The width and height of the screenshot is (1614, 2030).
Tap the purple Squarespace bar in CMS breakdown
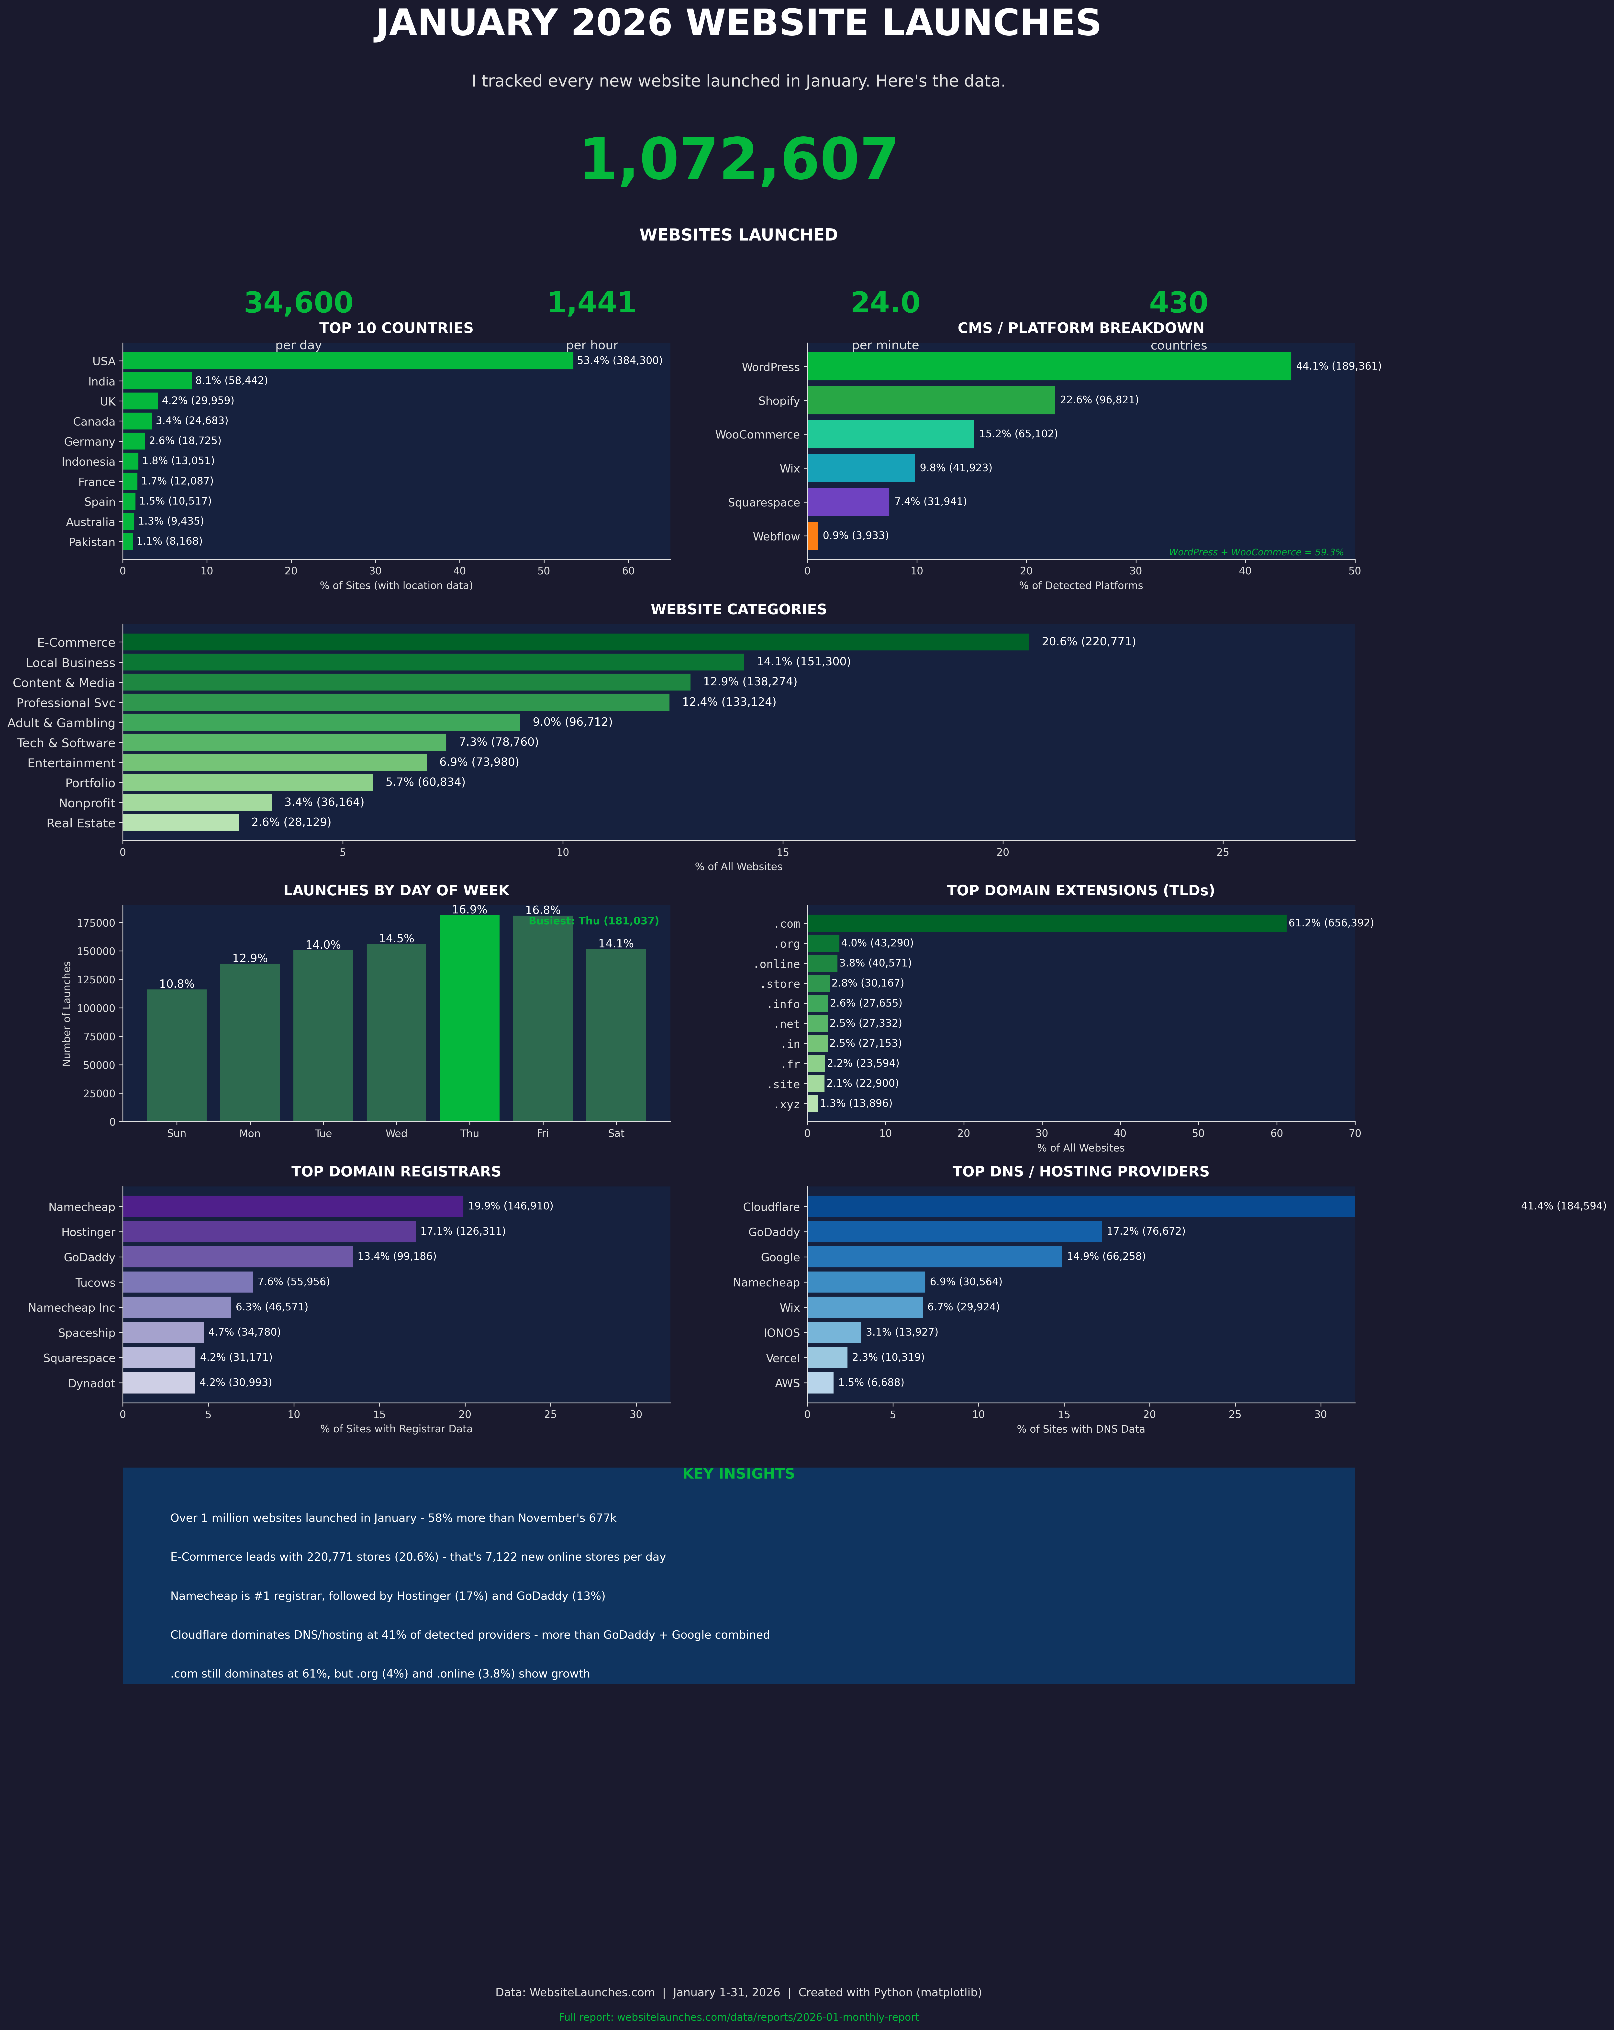coord(847,502)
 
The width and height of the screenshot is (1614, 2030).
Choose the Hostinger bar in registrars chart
coord(268,1231)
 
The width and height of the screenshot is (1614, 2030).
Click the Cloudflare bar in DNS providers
coord(1080,1206)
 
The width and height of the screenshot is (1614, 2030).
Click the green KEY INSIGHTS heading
coord(738,1473)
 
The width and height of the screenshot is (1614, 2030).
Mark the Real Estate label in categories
coord(81,823)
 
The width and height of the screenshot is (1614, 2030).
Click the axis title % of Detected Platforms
coord(1080,586)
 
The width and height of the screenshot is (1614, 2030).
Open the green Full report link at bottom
coord(738,2017)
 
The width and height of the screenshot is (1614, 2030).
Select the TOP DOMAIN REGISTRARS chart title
coord(396,1171)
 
